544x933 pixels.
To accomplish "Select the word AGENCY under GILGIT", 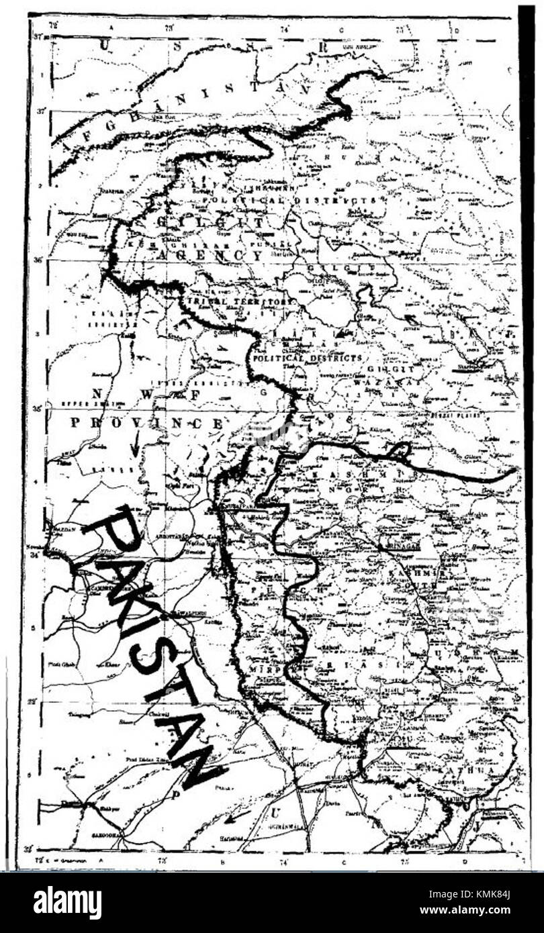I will (x=209, y=255).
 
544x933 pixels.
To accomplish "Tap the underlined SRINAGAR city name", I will (x=400, y=546).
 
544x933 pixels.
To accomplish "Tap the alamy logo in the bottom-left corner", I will (x=67, y=902).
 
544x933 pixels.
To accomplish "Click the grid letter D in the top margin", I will (x=456, y=30).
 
